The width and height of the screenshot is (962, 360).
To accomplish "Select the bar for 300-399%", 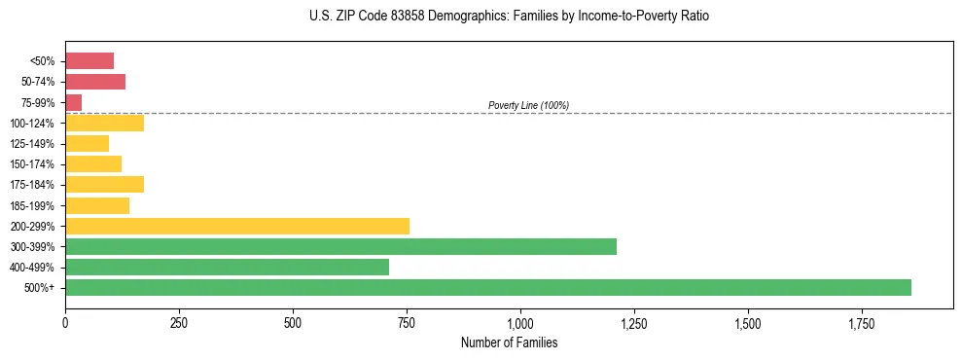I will pos(340,246).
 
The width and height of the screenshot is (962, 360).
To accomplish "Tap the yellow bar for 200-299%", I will pos(237,226).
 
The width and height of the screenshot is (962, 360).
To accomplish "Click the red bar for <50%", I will pos(89,61).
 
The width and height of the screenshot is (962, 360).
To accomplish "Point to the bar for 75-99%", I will pos(74,102).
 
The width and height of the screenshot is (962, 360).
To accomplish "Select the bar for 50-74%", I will pos(95,82).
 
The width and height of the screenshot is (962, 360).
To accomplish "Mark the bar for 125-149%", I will pos(88,144).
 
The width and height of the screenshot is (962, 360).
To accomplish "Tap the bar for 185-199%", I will pos(97,205).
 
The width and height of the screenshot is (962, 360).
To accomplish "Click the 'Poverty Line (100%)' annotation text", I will pos(528,105).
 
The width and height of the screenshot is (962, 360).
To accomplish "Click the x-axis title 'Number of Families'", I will pos(509,342).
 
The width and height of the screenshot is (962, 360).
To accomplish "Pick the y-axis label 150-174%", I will pos(32,164).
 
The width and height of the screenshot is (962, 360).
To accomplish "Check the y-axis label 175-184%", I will pos(32,185).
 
